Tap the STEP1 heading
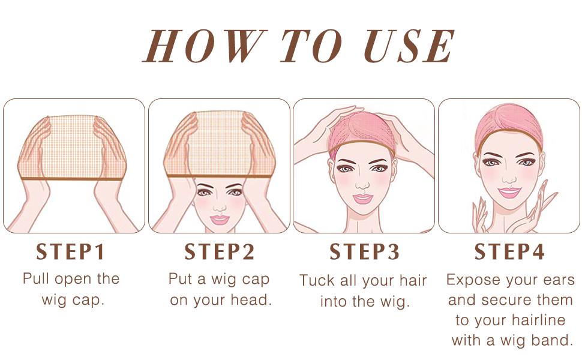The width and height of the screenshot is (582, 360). tap(71, 252)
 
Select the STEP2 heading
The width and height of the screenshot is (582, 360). tap(220, 252)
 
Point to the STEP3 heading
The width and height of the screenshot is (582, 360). tap(364, 252)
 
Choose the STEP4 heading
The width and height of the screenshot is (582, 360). tap(509, 252)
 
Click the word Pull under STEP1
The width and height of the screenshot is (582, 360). tap(37, 279)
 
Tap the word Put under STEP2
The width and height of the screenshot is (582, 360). tap(181, 279)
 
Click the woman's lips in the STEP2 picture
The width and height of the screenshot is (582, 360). tap(220, 219)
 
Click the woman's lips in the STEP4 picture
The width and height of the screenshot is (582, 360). tap(509, 192)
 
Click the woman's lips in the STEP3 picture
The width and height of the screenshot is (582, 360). tap(364, 198)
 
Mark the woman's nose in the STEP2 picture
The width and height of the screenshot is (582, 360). tap(220, 206)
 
